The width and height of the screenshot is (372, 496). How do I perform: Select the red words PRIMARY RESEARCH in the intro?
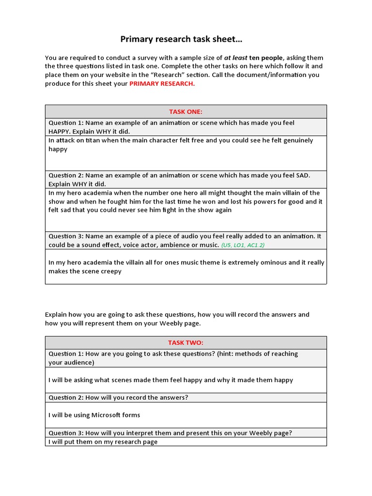(x=162, y=83)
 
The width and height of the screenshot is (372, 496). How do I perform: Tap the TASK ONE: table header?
(x=186, y=111)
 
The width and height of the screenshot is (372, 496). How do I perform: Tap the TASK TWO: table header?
(x=186, y=342)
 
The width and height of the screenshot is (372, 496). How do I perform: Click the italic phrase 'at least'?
(x=235, y=57)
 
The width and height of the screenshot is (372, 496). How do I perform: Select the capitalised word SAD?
(x=302, y=175)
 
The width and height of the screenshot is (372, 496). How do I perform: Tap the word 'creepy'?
(x=111, y=271)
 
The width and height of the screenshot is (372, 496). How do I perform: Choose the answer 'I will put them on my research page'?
(x=103, y=442)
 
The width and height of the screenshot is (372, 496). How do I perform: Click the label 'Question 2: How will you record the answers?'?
(x=118, y=397)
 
